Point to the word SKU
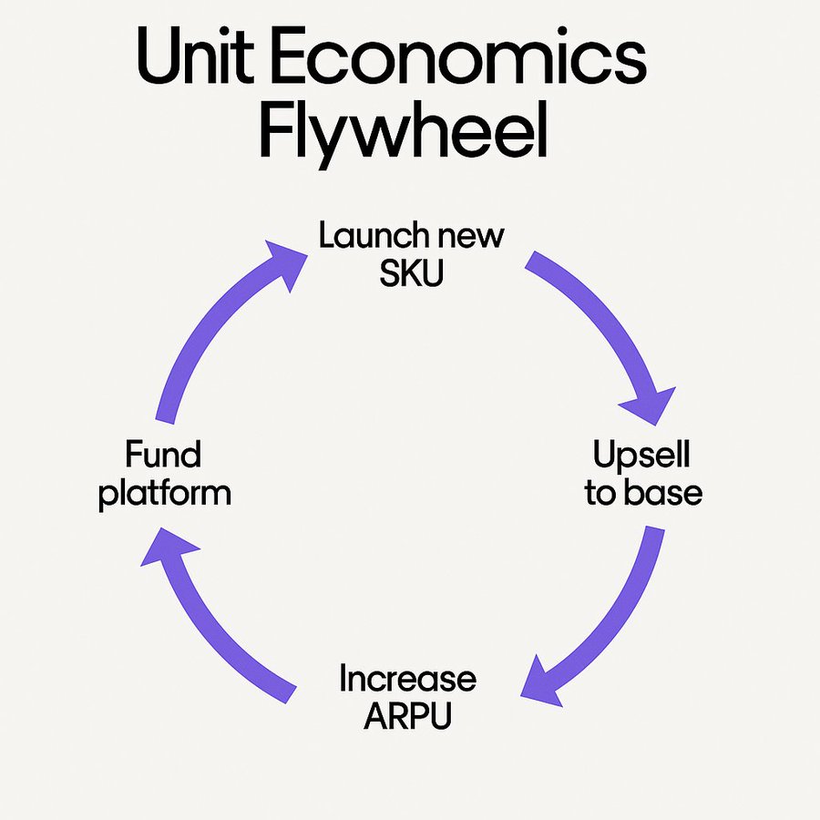(411, 273)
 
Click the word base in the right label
(670, 493)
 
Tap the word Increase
(407, 679)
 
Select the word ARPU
(407, 716)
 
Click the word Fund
(164, 454)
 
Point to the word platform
(165, 494)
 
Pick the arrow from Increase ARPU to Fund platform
(214, 629)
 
